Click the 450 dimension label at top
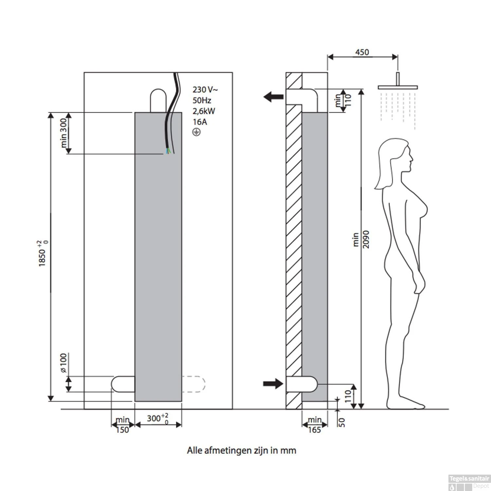[x=362, y=52]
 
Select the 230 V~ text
[x=205, y=90]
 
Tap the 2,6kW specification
[x=204, y=111]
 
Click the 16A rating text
[x=200, y=122]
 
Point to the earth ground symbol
[x=196, y=132]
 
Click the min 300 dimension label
[x=64, y=133]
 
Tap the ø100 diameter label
[x=64, y=363]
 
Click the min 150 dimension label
[x=122, y=425]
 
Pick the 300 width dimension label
[x=157, y=418]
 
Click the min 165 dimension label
[x=314, y=425]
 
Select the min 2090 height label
[x=361, y=239]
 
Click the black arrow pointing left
[x=274, y=97]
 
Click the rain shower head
[x=398, y=87]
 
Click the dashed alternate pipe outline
[x=193, y=384]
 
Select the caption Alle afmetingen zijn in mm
[x=242, y=450]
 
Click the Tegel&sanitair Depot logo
[x=469, y=482]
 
